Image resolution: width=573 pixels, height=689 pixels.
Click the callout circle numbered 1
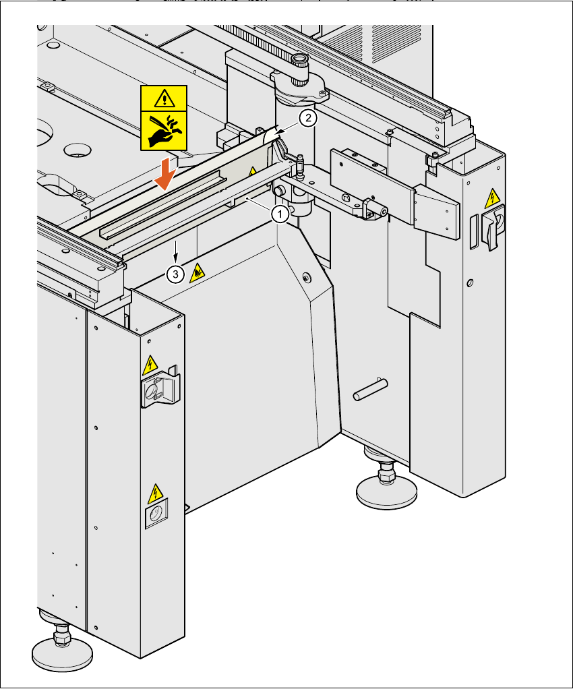[280, 214]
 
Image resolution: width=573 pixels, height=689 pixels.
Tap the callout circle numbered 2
[307, 119]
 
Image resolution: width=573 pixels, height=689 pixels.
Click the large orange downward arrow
[164, 177]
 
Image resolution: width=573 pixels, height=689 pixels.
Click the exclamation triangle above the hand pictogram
[164, 99]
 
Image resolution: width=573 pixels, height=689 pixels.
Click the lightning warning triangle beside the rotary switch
[493, 198]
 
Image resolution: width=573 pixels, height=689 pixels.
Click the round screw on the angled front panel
[307, 277]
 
